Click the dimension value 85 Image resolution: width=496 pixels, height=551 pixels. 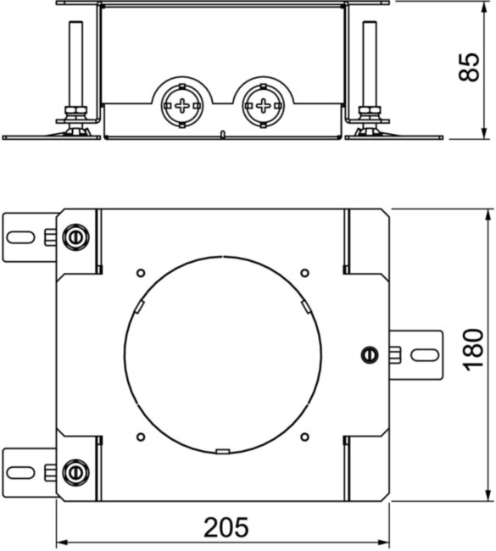tap(469, 67)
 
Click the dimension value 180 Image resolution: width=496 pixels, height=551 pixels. tap(473, 349)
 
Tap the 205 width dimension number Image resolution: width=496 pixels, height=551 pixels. tap(226, 526)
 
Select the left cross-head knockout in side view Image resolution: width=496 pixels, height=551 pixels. tap(182, 106)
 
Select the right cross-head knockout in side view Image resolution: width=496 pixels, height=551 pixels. tap(264, 105)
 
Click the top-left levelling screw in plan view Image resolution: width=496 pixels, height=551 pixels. tap(75, 237)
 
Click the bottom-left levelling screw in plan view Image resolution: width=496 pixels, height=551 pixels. tap(75, 472)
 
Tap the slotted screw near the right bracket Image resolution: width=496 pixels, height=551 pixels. tap(370, 355)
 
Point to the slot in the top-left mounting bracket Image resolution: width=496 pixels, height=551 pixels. tap(20, 237)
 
